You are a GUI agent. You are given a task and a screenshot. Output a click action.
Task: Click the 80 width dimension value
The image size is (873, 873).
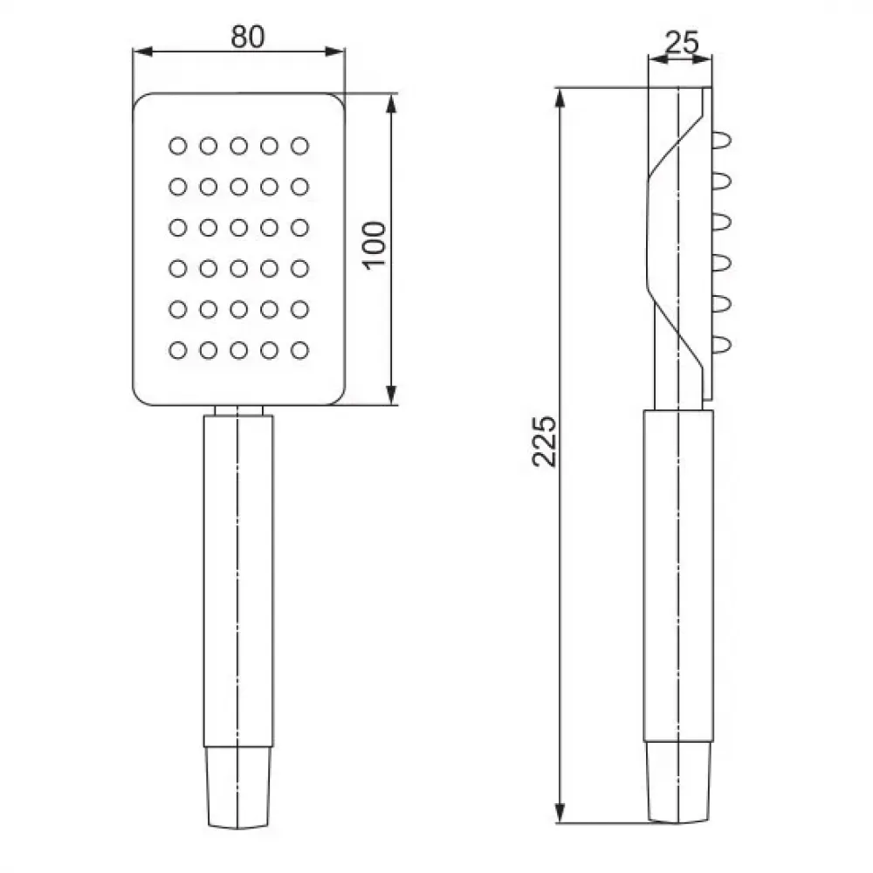(x=248, y=37)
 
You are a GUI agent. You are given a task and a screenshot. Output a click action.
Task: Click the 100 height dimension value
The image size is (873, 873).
(x=375, y=245)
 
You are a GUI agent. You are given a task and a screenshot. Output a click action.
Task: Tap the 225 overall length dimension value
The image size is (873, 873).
(x=544, y=441)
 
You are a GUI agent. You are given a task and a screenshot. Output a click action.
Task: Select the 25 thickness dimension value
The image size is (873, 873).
(x=682, y=42)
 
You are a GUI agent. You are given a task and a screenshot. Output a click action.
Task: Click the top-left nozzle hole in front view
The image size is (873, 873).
(x=177, y=146)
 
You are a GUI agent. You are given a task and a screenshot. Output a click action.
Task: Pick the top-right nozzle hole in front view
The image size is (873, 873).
(x=299, y=146)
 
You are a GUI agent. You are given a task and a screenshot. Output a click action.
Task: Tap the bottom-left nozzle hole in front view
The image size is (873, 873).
(x=177, y=350)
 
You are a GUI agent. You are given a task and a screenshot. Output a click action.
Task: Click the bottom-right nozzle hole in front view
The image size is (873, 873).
(x=299, y=350)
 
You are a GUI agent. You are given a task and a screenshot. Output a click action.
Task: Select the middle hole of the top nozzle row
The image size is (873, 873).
(x=239, y=146)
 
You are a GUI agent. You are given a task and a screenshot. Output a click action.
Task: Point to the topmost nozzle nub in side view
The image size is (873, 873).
(x=722, y=140)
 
